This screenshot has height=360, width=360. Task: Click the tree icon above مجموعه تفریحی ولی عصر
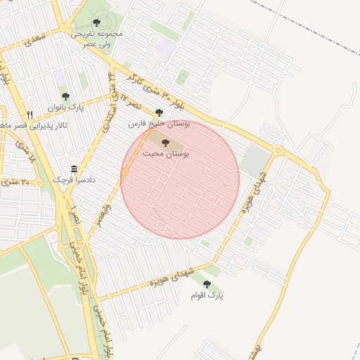(x=96, y=22)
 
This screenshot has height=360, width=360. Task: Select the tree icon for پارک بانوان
(x=65, y=96)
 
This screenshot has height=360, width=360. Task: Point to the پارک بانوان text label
(x=65, y=108)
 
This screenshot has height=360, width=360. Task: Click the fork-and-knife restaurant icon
(x=30, y=115)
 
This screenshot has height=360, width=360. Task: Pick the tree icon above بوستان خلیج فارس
(x=159, y=112)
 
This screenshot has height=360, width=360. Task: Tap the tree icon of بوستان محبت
(x=165, y=143)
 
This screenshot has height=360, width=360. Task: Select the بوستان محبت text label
(x=165, y=153)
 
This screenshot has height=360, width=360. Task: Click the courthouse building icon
(x=74, y=169)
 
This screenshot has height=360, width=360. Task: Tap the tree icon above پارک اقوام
(x=207, y=284)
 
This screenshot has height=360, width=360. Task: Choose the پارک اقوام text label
(x=207, y=296)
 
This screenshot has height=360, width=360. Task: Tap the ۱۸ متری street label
(x=27, y=155)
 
